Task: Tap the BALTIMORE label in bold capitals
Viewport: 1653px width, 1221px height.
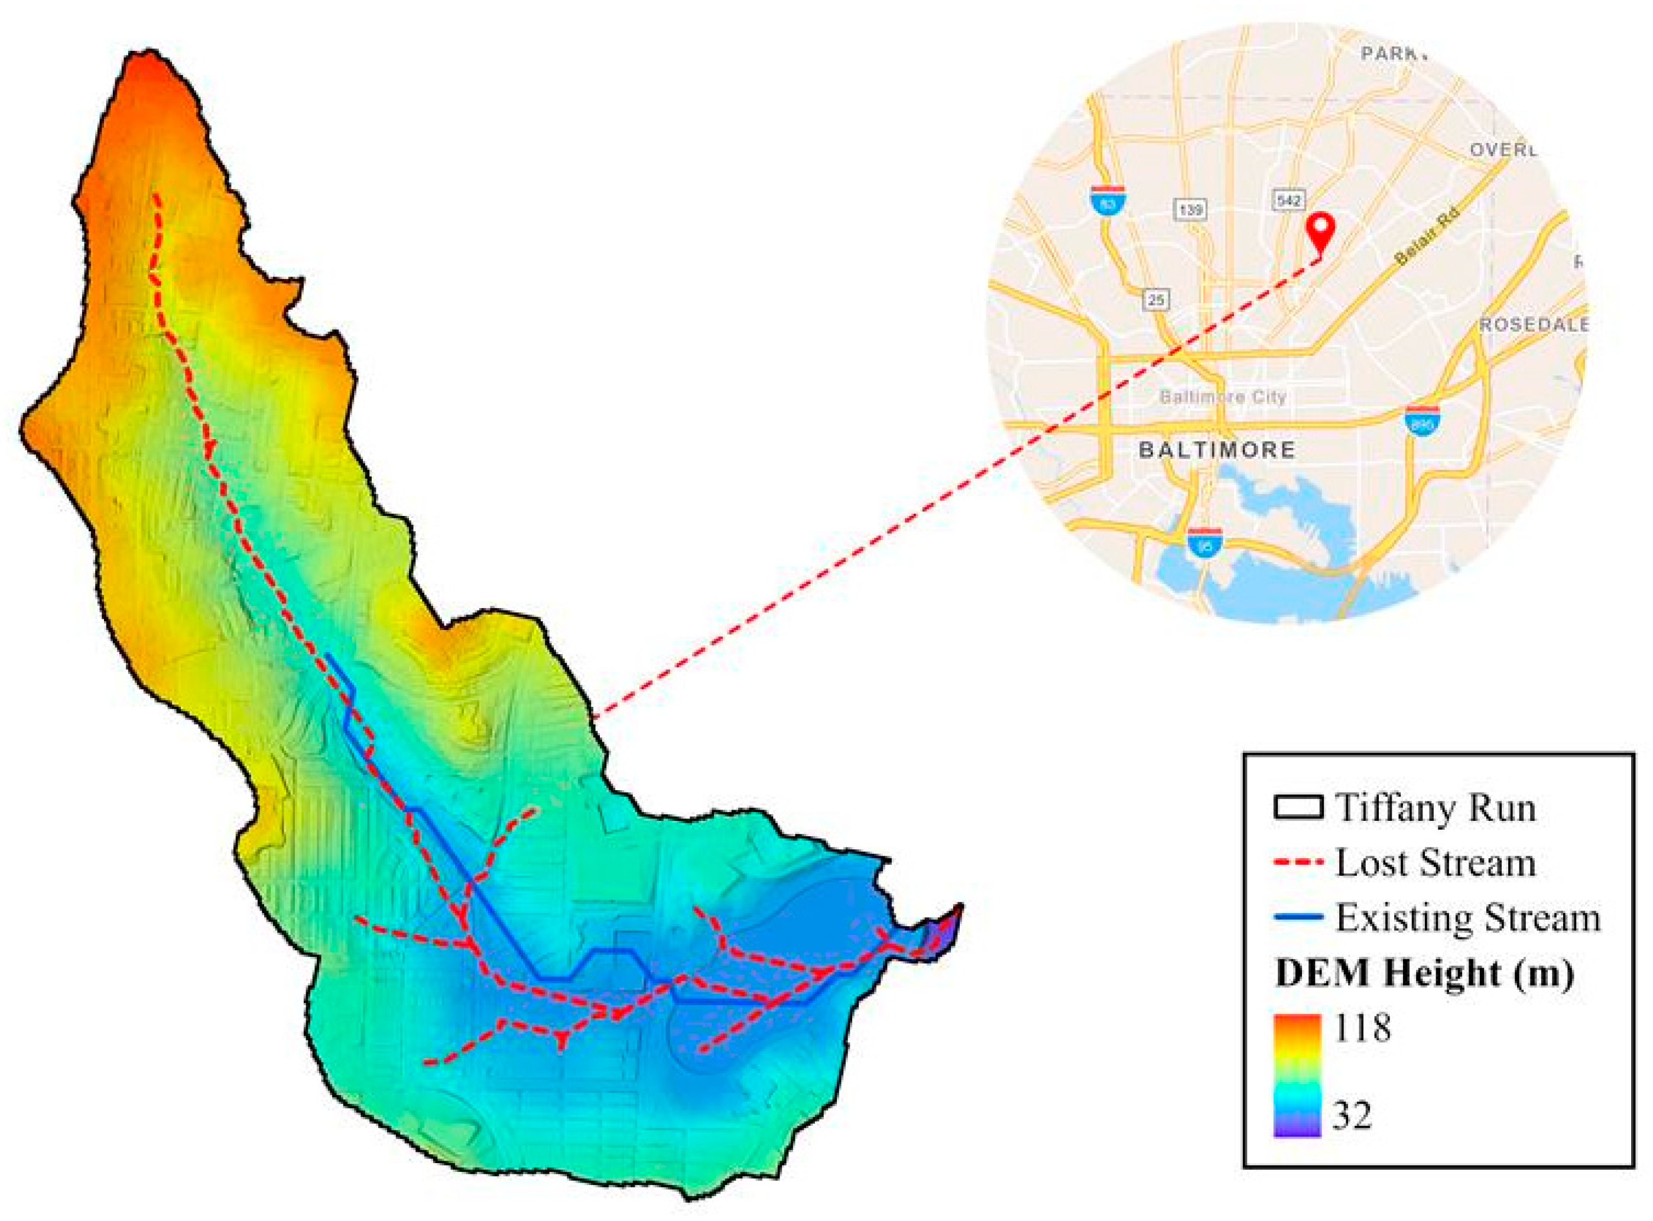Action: (x=1217, y=450)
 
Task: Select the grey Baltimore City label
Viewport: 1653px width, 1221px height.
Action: (x=1223, y=397)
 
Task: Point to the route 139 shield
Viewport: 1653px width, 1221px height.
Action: (x=1190, y=210)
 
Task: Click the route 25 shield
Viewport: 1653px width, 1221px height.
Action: (x=1157, y=299)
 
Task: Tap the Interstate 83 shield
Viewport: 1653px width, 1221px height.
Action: (x=1107, y=200)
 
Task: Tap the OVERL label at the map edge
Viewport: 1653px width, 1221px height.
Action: (x=1502, y=150)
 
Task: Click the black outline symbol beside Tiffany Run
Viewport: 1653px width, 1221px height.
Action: (x=1298, y=808)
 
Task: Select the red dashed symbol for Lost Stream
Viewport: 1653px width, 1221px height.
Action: (x=1298, y=862)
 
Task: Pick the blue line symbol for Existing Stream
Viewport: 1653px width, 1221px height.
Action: (x=1298, y=917)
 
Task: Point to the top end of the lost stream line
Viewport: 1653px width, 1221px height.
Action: (x=155, y=196)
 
